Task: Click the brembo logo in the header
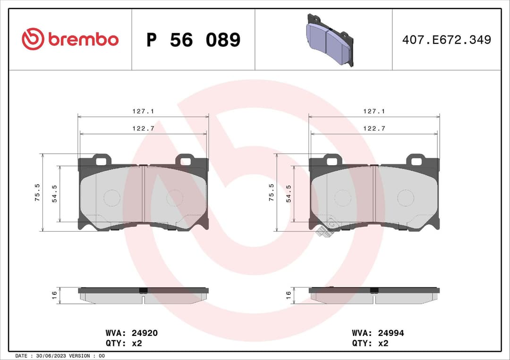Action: pyautogui.click(x=70, y=40)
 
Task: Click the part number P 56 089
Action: pyautogui.click(x=193, y=40)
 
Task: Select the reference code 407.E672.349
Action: pyautogui.click(x=446, y=40)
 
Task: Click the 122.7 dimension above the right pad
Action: pyautogui.click(x=374, y=128)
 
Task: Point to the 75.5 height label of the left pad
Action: pyautogui.click(x=37, y=192)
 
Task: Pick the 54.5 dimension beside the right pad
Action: pyautogui.click(x=289, y=193)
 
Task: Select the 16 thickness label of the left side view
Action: pyautogui.click(x=54, y=295)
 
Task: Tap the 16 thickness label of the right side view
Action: pyautogui.click(x=288, y=295)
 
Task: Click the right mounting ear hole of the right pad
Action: pyautogui.click(x=416, y=161)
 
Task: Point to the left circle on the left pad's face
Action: pyautogui.click(x=112, y=198)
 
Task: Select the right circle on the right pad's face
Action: pyautogui.click(x=406, y=198)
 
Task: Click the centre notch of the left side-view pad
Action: pyautogui.click(x=143, y=297)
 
